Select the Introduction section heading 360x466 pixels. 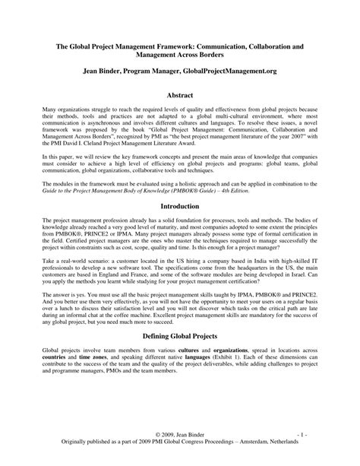pyautogui.click(x=180, y=205)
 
